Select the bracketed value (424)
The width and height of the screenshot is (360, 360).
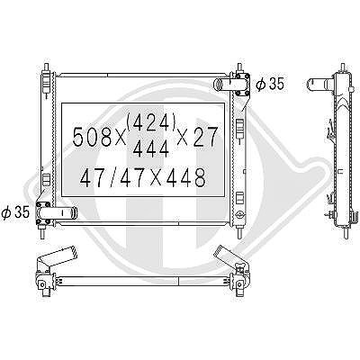tap(151, 122)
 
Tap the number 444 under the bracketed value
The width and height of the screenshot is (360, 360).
tap(151, 148)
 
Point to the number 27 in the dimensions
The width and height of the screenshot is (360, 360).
tap(205, 137)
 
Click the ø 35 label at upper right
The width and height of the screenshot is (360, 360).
tap(269, 84)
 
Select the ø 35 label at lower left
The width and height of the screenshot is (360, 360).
tap(15, 212)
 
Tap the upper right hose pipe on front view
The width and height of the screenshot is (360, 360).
tap(226, 84)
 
